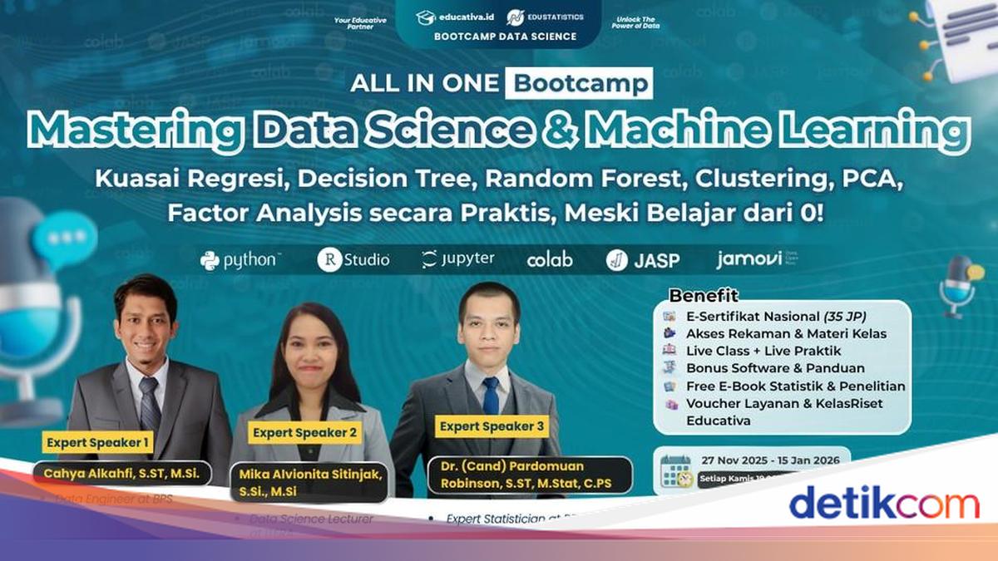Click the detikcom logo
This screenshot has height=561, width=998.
click(883, 504)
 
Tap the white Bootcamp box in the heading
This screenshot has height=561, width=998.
click(579, 83)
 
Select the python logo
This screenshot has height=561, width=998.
click(240, 260)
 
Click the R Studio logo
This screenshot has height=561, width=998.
click(353, 260)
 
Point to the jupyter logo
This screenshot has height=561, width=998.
click(458, 259)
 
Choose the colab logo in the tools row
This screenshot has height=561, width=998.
click(550, 260)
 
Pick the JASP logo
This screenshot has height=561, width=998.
click(643, 260)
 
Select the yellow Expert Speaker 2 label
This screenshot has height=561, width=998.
click(304, 432)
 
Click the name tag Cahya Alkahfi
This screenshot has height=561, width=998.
click(121, 474)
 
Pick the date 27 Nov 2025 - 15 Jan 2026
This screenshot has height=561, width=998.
click(770, 460)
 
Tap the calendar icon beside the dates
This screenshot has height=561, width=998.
click(676, 470)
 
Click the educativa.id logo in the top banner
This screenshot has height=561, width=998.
click(456, 17)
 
